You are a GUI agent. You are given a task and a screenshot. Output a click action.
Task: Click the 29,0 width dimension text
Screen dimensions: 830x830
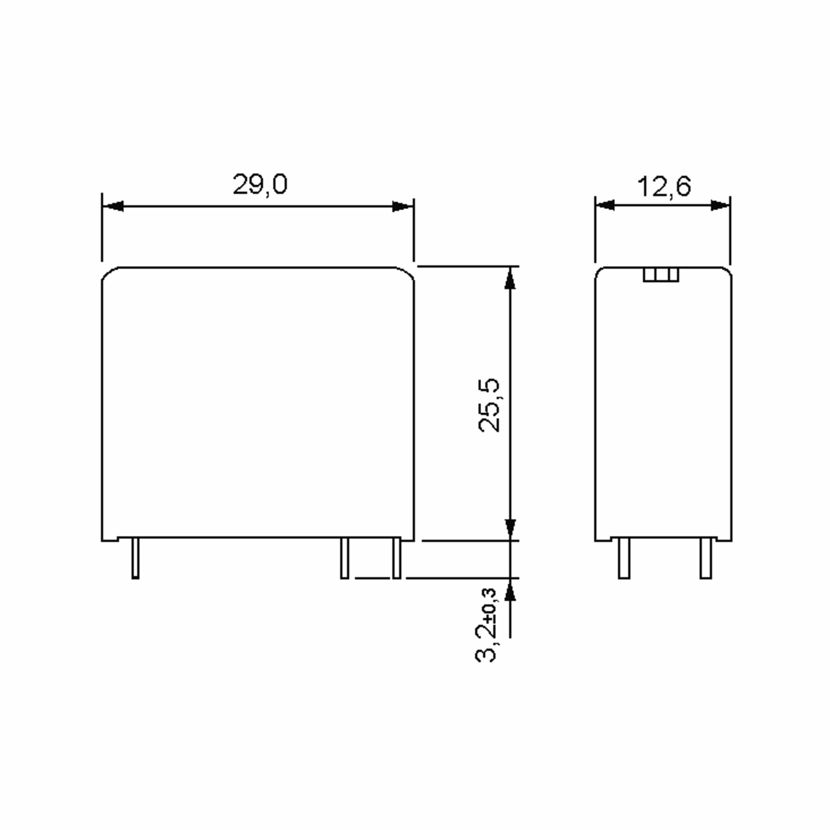point(260,185)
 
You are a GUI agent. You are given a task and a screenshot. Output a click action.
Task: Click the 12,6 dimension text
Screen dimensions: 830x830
point(664,187)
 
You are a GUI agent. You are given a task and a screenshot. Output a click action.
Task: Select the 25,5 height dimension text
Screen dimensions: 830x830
point(489,405)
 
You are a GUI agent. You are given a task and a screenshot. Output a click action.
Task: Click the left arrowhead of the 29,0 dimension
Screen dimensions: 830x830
point(113,206)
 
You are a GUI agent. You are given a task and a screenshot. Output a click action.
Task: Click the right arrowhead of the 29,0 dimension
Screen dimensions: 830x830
point(403,206)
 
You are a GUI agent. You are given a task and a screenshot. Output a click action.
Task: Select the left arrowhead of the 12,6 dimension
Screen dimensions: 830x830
point(605,205)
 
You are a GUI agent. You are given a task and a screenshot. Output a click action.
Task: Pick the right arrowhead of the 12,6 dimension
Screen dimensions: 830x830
point(720,205)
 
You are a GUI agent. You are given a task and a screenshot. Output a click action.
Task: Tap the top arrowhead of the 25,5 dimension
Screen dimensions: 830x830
point(510,278)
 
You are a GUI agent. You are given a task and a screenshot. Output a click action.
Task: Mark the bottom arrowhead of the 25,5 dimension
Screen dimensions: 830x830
point(510,529)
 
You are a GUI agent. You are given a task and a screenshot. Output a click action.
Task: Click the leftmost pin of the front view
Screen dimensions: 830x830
point(135,558)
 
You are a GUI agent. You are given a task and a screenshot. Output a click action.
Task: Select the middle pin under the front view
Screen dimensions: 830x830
point(344,558)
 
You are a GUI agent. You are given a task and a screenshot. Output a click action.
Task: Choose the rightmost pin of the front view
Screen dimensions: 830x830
point(397,558)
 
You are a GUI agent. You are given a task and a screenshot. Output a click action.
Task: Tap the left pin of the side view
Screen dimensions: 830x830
point(624,558)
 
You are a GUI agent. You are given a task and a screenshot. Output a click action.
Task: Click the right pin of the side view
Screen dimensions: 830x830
point(705,558)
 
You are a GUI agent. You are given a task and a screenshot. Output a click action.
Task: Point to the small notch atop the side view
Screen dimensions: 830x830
point(661,275)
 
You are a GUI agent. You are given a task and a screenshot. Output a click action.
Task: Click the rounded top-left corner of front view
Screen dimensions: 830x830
point(108,273)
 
